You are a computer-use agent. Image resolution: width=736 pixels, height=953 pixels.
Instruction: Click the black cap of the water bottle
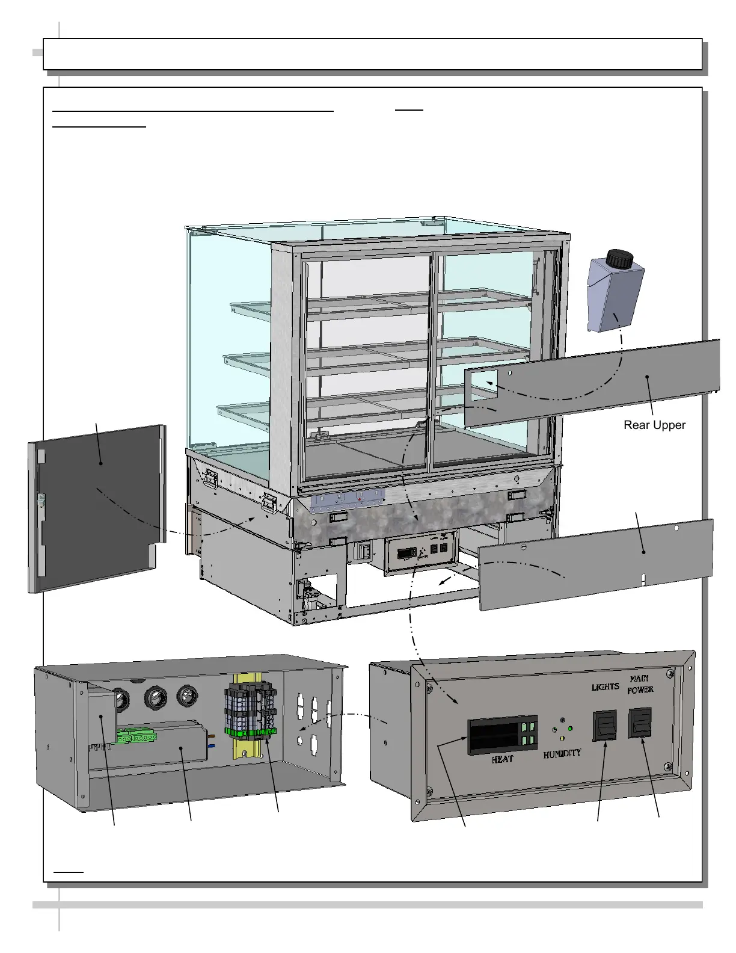coord(619,259)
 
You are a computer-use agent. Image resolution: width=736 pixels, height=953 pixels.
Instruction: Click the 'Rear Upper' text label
coord(654,425)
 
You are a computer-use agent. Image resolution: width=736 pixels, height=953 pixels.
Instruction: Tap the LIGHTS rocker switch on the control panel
coord(605,725)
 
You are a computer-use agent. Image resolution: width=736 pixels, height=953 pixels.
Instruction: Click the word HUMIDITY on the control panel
coord(562,753)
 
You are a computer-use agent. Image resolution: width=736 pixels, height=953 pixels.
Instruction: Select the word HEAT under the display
coord(502,759)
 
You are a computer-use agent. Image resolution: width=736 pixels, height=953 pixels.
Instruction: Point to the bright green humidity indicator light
coord(569,729)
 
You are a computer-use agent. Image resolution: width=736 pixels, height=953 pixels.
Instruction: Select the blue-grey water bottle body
coord(614,298)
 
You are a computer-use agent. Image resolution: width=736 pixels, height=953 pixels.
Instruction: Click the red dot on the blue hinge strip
coord(359,499)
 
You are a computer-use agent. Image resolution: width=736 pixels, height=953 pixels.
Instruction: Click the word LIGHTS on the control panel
coord(605,686)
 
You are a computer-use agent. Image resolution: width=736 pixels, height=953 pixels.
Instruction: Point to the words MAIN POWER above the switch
coord(640,684)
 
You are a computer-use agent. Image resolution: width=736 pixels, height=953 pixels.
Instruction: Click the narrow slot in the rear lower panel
coord(644,579)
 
